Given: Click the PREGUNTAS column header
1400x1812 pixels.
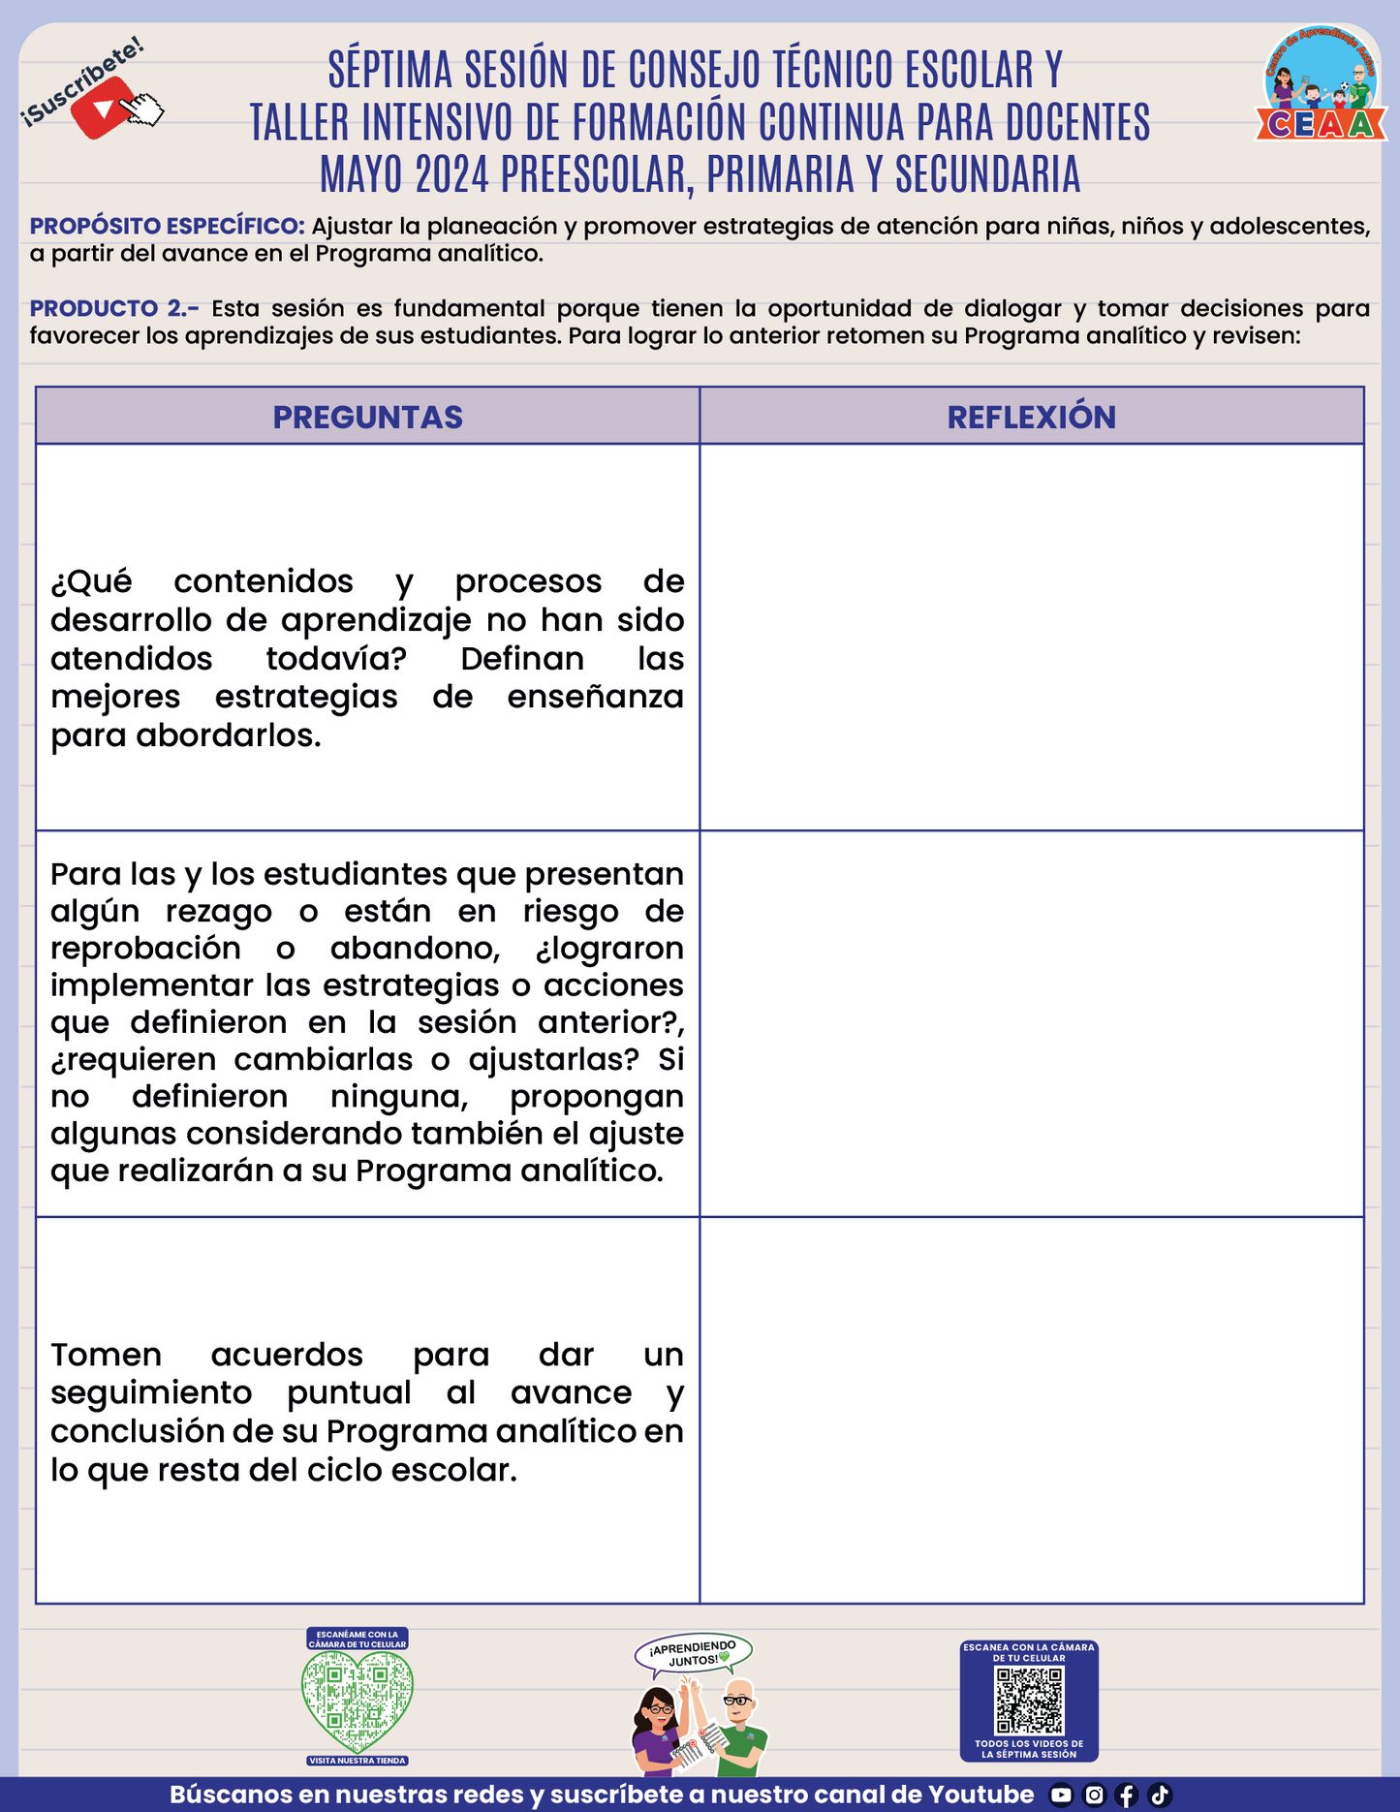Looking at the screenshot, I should coord(367,417).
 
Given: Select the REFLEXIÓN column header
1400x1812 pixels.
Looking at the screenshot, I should coord(1031,417).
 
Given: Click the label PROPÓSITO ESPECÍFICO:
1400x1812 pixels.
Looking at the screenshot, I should coord(168,226).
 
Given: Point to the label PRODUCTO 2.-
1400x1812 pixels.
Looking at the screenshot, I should coord(114,308).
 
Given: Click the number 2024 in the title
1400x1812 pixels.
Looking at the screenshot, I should coord(452,174).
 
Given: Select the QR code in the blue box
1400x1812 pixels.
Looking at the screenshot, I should coord(1029,1701).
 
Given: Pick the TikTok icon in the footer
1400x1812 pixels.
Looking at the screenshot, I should coord(1160,1795).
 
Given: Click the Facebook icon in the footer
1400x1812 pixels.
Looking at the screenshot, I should coord(1126,1795).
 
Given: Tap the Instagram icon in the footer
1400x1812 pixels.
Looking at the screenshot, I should coord(1094,1795).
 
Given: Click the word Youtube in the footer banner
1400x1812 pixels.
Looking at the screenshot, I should coord(980,1795).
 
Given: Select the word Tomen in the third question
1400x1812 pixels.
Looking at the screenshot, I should coord(106,1354).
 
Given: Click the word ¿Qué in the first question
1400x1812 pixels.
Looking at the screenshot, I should coord(91,581).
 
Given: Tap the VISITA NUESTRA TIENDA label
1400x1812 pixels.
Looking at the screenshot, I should coord(358,1761).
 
